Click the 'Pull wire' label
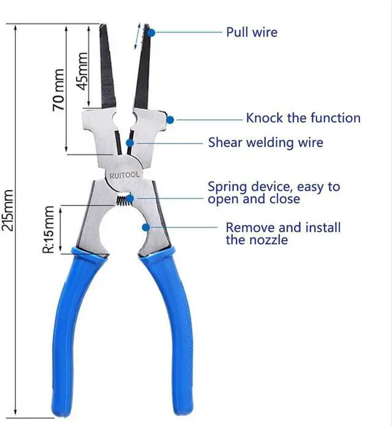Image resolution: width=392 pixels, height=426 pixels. pos(251,32)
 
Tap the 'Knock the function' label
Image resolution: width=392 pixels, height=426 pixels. pos(303,118)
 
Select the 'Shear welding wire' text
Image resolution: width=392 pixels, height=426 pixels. pos(265,143)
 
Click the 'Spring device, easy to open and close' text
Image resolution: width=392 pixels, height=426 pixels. pos(273,192)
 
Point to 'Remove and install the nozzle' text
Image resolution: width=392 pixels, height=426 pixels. pos(283,233)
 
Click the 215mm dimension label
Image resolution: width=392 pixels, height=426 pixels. pos(8,210)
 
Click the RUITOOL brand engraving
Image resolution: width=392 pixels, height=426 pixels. pos(124,175)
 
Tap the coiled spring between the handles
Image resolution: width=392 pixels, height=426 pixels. pos(124,200)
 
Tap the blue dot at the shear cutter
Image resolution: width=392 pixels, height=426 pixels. pos(130,143)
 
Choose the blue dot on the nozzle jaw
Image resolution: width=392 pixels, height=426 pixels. pos(146,228)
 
